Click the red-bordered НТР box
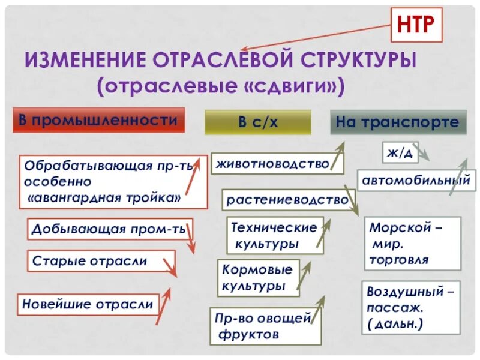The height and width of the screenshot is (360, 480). point(416,25)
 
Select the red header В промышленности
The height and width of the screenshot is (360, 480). point(99,120)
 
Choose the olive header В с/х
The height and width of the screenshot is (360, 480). point(258,122)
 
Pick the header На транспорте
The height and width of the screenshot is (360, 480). point(398,122)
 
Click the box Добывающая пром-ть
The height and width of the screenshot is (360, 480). point(109,229)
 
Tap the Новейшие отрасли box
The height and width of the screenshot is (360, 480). point(88,304)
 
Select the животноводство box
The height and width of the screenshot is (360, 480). point(273,163)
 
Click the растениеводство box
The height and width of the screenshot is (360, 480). point(287,199)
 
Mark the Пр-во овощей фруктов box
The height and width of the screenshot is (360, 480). point(265,325)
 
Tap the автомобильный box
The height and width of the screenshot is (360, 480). point(415,179)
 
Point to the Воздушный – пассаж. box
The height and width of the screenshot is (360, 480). point(411,308)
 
